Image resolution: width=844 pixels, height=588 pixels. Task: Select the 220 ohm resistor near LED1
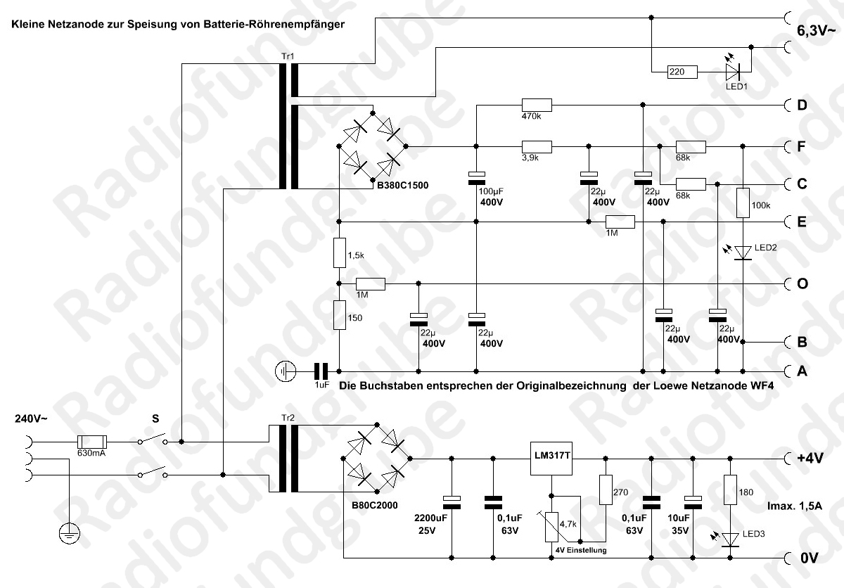(682, 72)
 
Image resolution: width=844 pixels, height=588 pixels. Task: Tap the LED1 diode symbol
(732, 72)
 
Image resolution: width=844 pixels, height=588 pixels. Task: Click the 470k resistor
(537, 105)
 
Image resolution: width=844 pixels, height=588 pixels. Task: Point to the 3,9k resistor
(537, 146)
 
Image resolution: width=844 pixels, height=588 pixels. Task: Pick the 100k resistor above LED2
(743, 203)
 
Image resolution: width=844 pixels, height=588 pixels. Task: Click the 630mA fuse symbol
(92, 442)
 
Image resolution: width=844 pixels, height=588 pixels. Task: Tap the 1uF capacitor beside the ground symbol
(321, 371)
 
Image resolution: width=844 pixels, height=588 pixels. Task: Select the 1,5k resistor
(340, 253)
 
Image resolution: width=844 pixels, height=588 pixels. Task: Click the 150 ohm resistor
(340, 315)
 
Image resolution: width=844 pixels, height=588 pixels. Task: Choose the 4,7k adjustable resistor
(551, 527)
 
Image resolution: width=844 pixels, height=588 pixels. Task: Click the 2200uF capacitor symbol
(452, 502)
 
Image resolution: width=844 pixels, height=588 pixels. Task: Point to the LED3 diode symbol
(730, 539)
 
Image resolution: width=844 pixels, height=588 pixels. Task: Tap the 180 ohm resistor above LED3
(730, 490)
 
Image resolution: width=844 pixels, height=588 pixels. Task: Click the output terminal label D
(803, 105)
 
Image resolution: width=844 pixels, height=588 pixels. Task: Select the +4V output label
(810, 459)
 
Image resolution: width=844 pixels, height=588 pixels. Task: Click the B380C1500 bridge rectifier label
(403, 185)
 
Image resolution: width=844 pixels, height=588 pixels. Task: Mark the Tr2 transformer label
(288, 418)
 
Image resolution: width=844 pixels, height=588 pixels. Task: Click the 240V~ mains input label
(31, 419)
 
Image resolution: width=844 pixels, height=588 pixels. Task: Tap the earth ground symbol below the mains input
(70, 533)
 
